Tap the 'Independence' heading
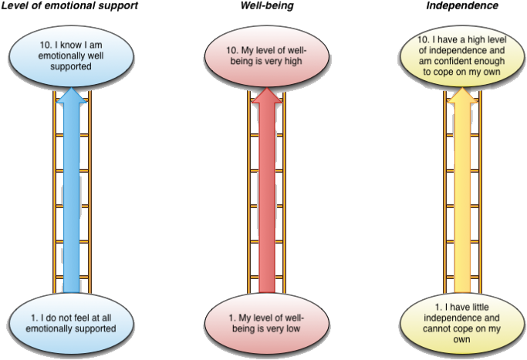[462, 6]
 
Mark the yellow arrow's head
[461, 96]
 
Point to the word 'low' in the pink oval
[290, 328]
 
